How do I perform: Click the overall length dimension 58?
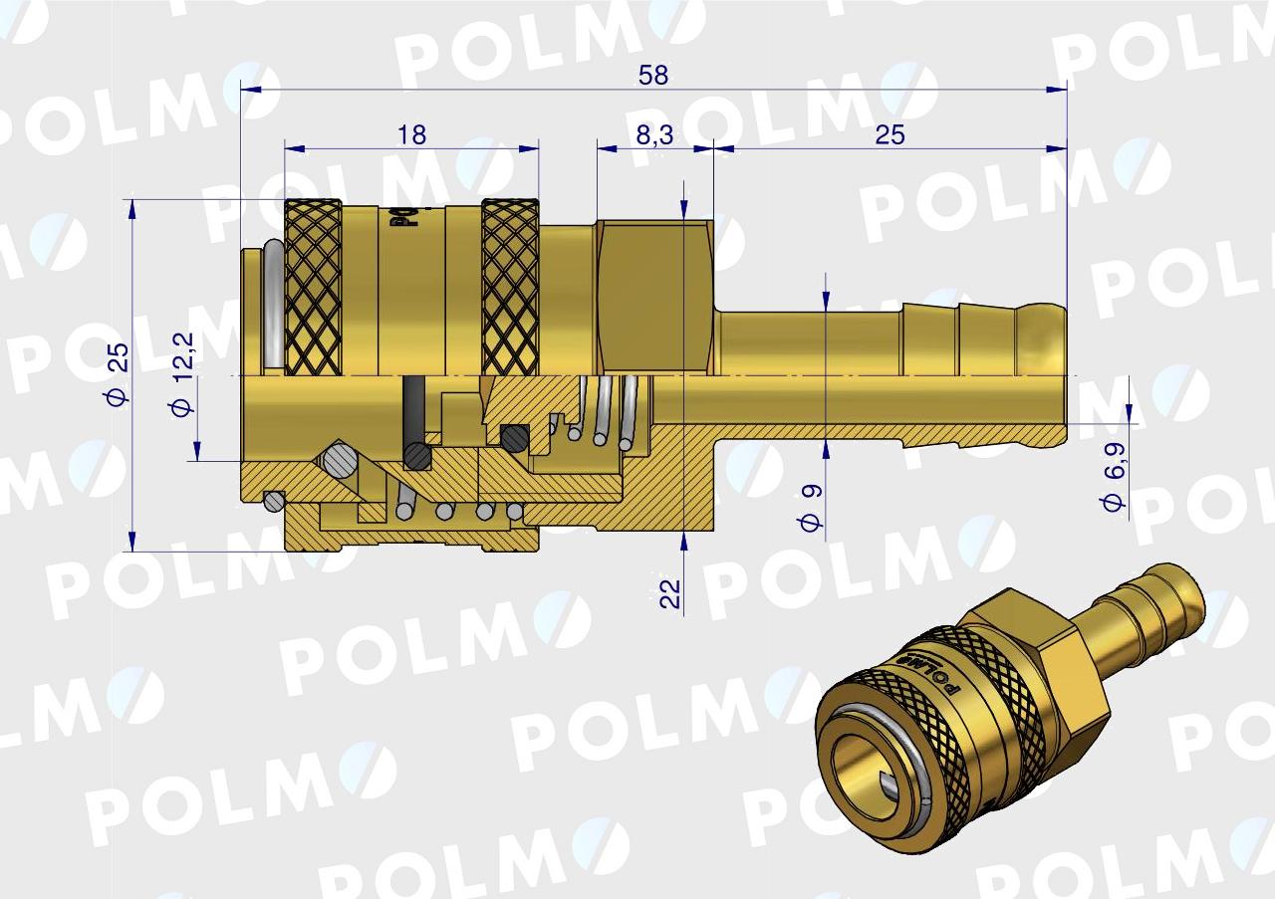[653, 76]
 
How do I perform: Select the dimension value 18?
[410, 134]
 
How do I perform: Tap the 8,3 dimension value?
[654, 135]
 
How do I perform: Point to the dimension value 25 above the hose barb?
[890, 134]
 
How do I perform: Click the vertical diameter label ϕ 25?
[118, 374]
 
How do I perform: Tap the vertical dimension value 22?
[670, 593]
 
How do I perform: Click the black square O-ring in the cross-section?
[514, 436]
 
